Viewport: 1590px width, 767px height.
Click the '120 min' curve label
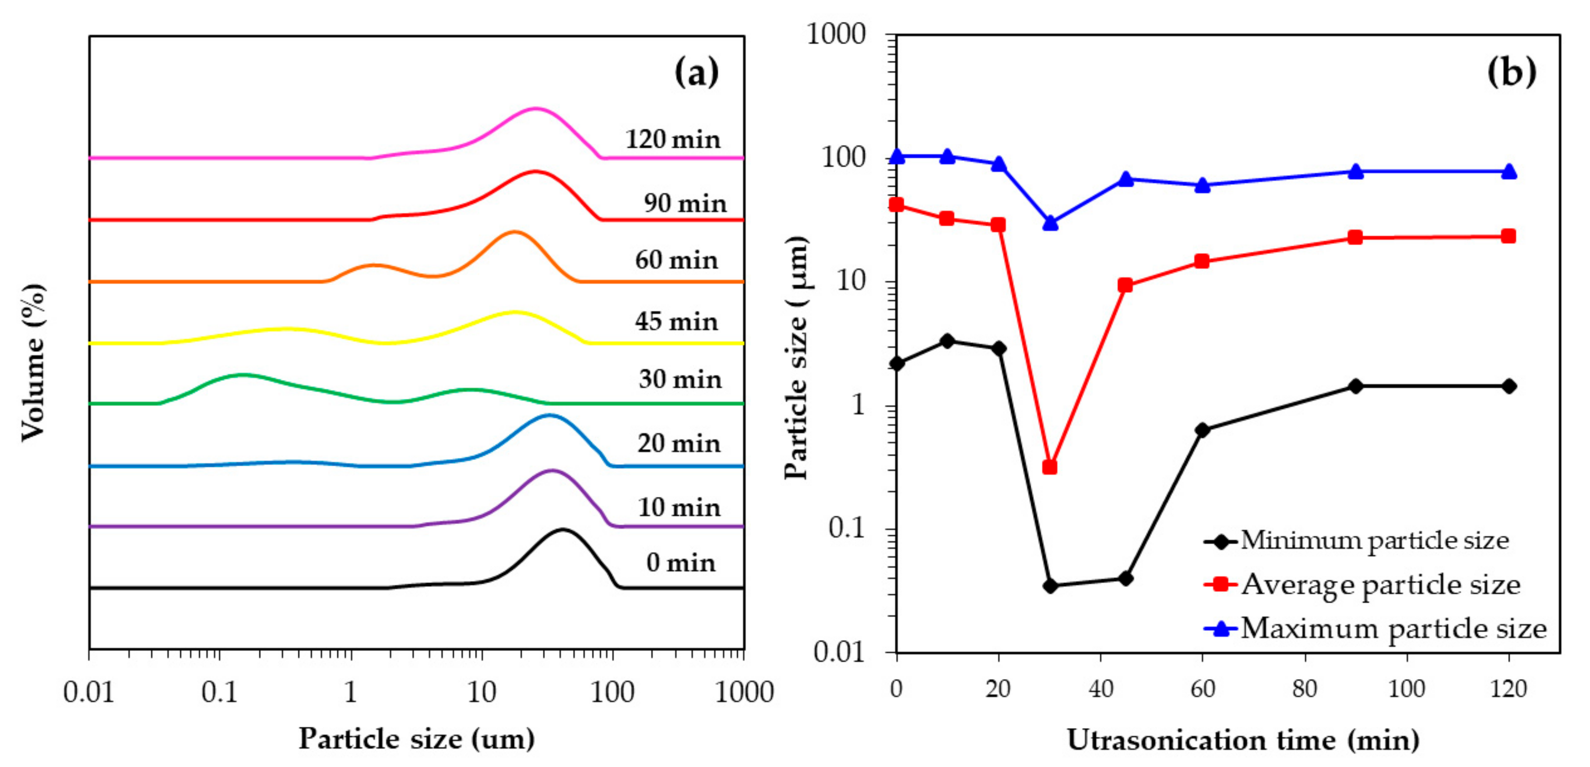[673, 140]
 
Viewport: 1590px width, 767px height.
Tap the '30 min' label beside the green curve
[679, 379]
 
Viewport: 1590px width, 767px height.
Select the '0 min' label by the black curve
[681, 563]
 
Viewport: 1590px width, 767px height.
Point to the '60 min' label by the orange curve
[676, 260]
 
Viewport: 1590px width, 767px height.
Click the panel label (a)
[696, 73]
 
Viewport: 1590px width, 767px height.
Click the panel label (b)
[1511, 73]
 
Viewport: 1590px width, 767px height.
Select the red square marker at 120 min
[1508, 236]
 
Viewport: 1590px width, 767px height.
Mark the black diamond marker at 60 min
[1202, 430]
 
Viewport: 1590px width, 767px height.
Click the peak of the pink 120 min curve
[535, 109]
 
